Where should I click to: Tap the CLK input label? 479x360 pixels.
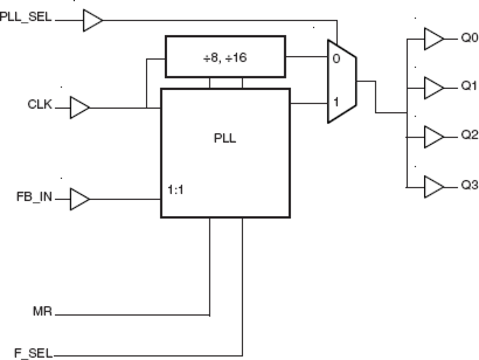tap(40, 104)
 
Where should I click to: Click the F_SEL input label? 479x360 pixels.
tap(34, 353)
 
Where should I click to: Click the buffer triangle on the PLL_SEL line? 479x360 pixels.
tap(92, 20)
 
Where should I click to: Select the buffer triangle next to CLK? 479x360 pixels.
tap(79, 108)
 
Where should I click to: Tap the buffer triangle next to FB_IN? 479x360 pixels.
tap(79, 199)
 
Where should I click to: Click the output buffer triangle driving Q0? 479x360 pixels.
tap(433, 39)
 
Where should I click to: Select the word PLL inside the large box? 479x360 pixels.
tap(225, 138)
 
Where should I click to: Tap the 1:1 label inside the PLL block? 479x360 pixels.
tap(175, 190)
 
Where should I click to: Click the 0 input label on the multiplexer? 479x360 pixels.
tap(335, 59)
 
